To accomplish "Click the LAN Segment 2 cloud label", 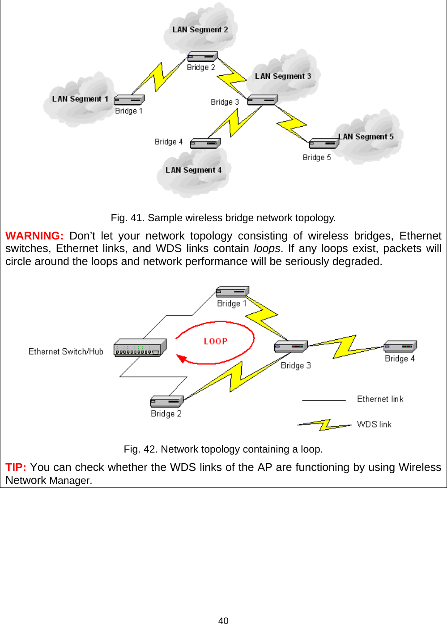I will point(200,30).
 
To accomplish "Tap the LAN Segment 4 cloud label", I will point(193,170).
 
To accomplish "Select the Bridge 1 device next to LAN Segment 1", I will point(129,100).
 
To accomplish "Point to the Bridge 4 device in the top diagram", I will point(205,143).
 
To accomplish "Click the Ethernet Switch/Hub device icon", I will point(140,348).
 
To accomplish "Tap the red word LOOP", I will point(216,341).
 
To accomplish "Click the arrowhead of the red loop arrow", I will point(181,358).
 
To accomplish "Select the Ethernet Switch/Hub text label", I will point(66,351).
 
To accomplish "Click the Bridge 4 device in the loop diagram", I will point(400,346).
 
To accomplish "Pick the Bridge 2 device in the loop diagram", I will point(167,401).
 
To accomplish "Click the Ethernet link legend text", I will point(380,399).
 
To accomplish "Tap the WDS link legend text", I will point(374,424).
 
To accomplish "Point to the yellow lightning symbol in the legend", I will point(324,424).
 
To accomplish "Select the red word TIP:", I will point(16,467).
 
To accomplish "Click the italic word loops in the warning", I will point(267,248).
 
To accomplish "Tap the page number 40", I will point(223,620).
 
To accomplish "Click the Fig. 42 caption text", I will point(223,449).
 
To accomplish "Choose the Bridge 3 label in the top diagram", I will point(225,102).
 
